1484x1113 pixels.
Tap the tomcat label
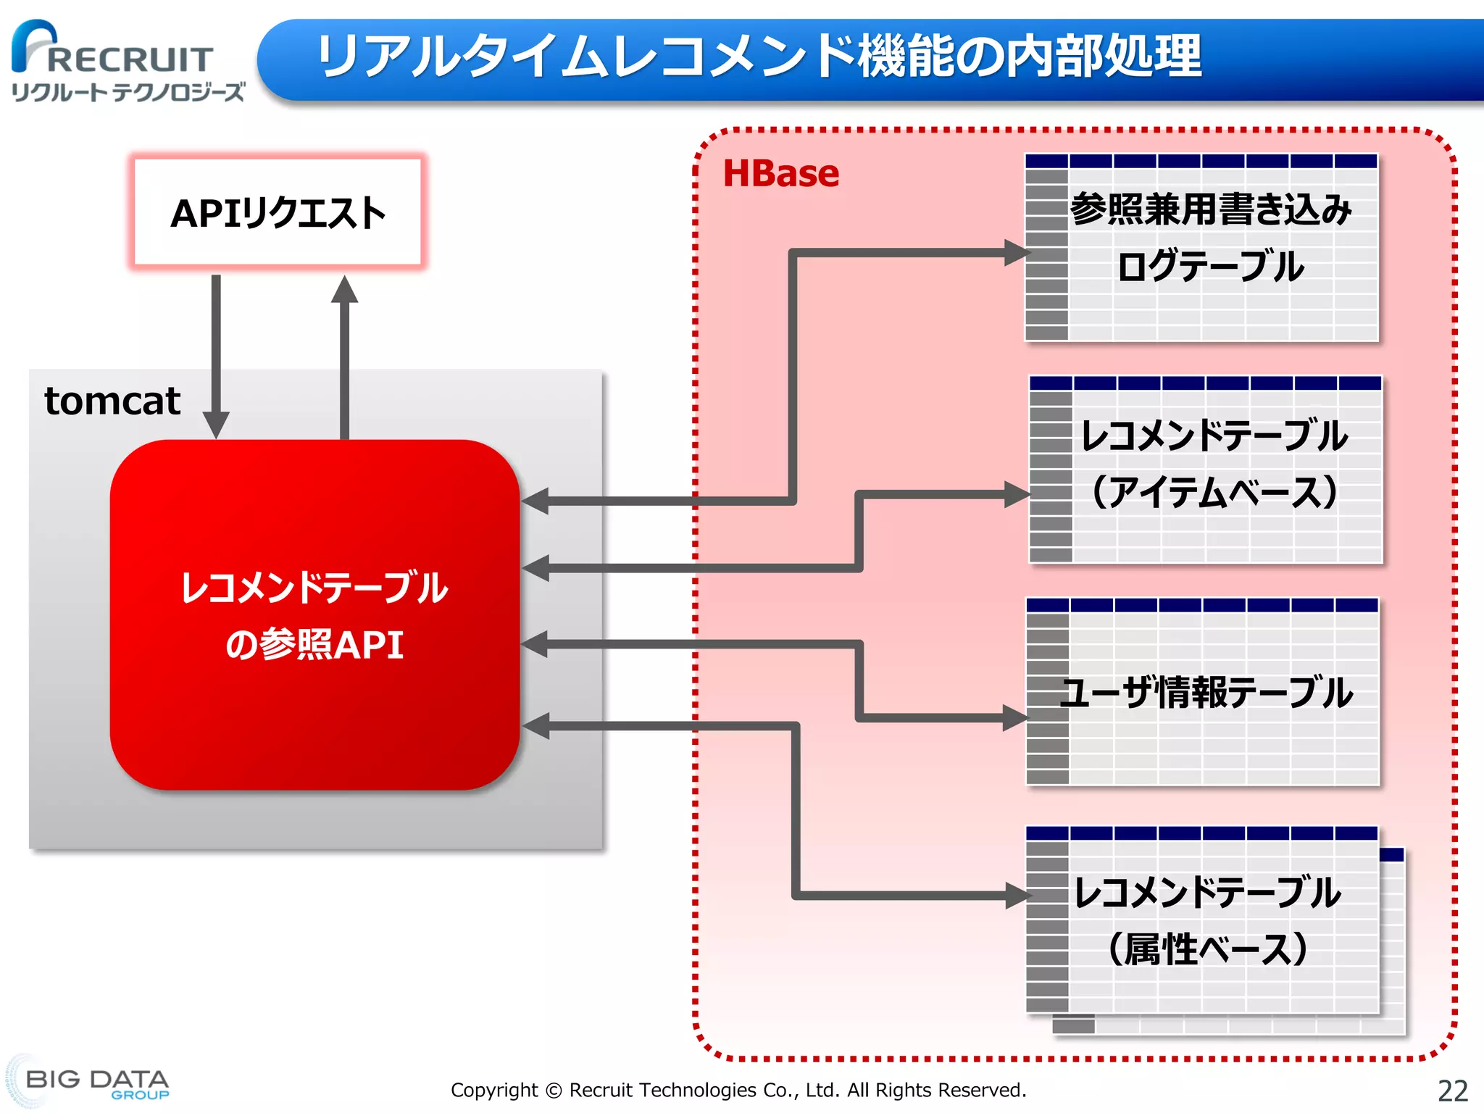click(112, 401)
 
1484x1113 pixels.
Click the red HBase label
click(781, 174)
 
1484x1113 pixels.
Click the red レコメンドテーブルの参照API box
click(314, 614)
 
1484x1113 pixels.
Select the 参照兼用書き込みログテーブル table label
click(1210, 238)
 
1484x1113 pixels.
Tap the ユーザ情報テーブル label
click(1206, 692)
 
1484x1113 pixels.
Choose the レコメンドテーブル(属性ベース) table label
click(1207, 920)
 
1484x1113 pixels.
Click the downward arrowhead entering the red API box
click(216, 424)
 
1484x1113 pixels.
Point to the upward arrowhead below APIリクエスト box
click(345, 290)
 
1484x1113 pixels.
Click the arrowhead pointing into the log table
click(1016, 253)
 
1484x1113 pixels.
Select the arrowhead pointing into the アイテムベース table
click(1016, 495)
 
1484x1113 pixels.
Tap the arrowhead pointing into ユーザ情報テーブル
click(1014, 718)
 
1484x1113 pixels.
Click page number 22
click(1452, 1091)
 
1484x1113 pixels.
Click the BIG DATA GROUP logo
click(94, 1083)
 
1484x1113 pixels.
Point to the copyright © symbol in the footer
click(554, 1091)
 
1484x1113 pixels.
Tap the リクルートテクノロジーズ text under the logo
click(128, 92)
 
